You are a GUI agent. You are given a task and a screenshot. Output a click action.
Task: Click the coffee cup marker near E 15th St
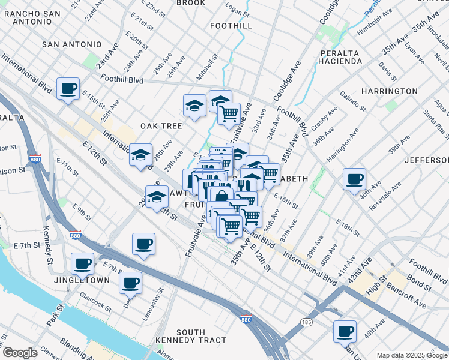[68, 89]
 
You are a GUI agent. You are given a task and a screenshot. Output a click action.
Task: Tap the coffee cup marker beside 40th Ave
[354, 179]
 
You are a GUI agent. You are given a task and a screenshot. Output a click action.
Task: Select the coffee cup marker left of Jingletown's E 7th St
[82, 263]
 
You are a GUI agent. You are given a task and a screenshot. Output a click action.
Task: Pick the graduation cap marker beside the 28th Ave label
[141, 155]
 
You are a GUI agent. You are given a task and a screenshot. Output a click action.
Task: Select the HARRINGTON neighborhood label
[390, 91]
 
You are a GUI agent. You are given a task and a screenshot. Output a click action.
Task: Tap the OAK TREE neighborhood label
[161, 126]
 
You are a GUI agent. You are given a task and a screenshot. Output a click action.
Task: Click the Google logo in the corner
[19, 353]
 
